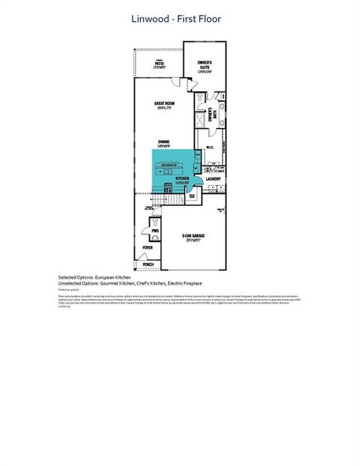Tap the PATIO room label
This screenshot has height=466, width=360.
pos(159,64)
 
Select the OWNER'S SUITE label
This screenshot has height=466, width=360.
pos(204,64)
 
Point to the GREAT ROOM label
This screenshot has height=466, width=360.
pos(165,104)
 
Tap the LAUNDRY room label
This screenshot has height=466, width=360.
pos(212,179)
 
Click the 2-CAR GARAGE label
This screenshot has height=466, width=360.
pos(193,235)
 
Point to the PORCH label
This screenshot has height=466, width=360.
pos(148,264)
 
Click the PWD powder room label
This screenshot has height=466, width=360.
pos(155,231)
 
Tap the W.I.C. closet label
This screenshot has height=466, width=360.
pos(210,148)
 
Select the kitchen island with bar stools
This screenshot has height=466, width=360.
pos(172,166)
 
